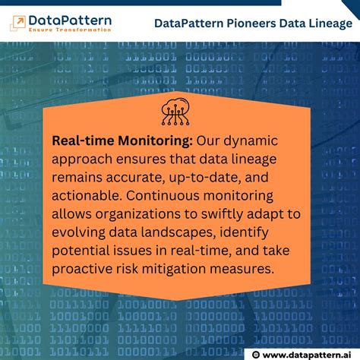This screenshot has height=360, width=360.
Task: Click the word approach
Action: (81, 159)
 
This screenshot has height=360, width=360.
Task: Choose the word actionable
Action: (87, 196)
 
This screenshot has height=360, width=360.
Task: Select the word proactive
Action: (84, 269)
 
